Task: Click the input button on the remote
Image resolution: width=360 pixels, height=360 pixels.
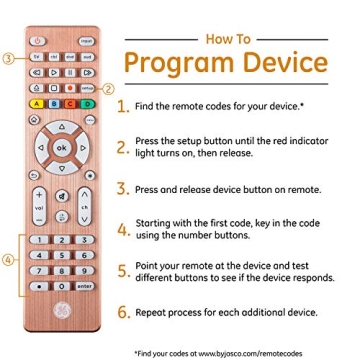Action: coord(87,42)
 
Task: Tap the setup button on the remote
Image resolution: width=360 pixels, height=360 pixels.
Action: coord(87,88)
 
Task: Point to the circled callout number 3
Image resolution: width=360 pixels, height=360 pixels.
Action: coord(9,58)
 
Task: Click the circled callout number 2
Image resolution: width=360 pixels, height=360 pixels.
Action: coord(109,88)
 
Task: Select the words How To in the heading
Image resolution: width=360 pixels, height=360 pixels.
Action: coord(228,39)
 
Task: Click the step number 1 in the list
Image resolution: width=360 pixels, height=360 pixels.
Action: coord(123,105)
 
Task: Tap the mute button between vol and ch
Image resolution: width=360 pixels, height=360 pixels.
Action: coord(62,196)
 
